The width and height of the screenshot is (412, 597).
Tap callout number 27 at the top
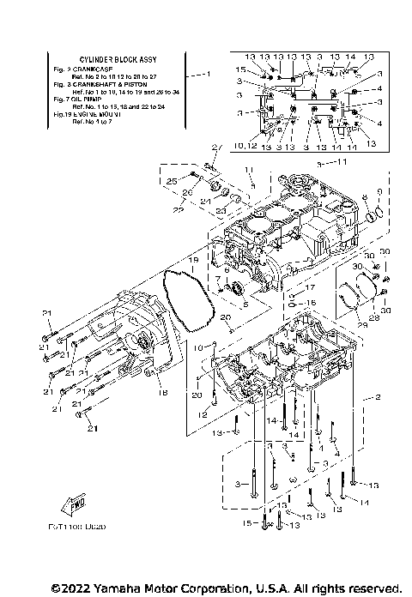217,148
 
